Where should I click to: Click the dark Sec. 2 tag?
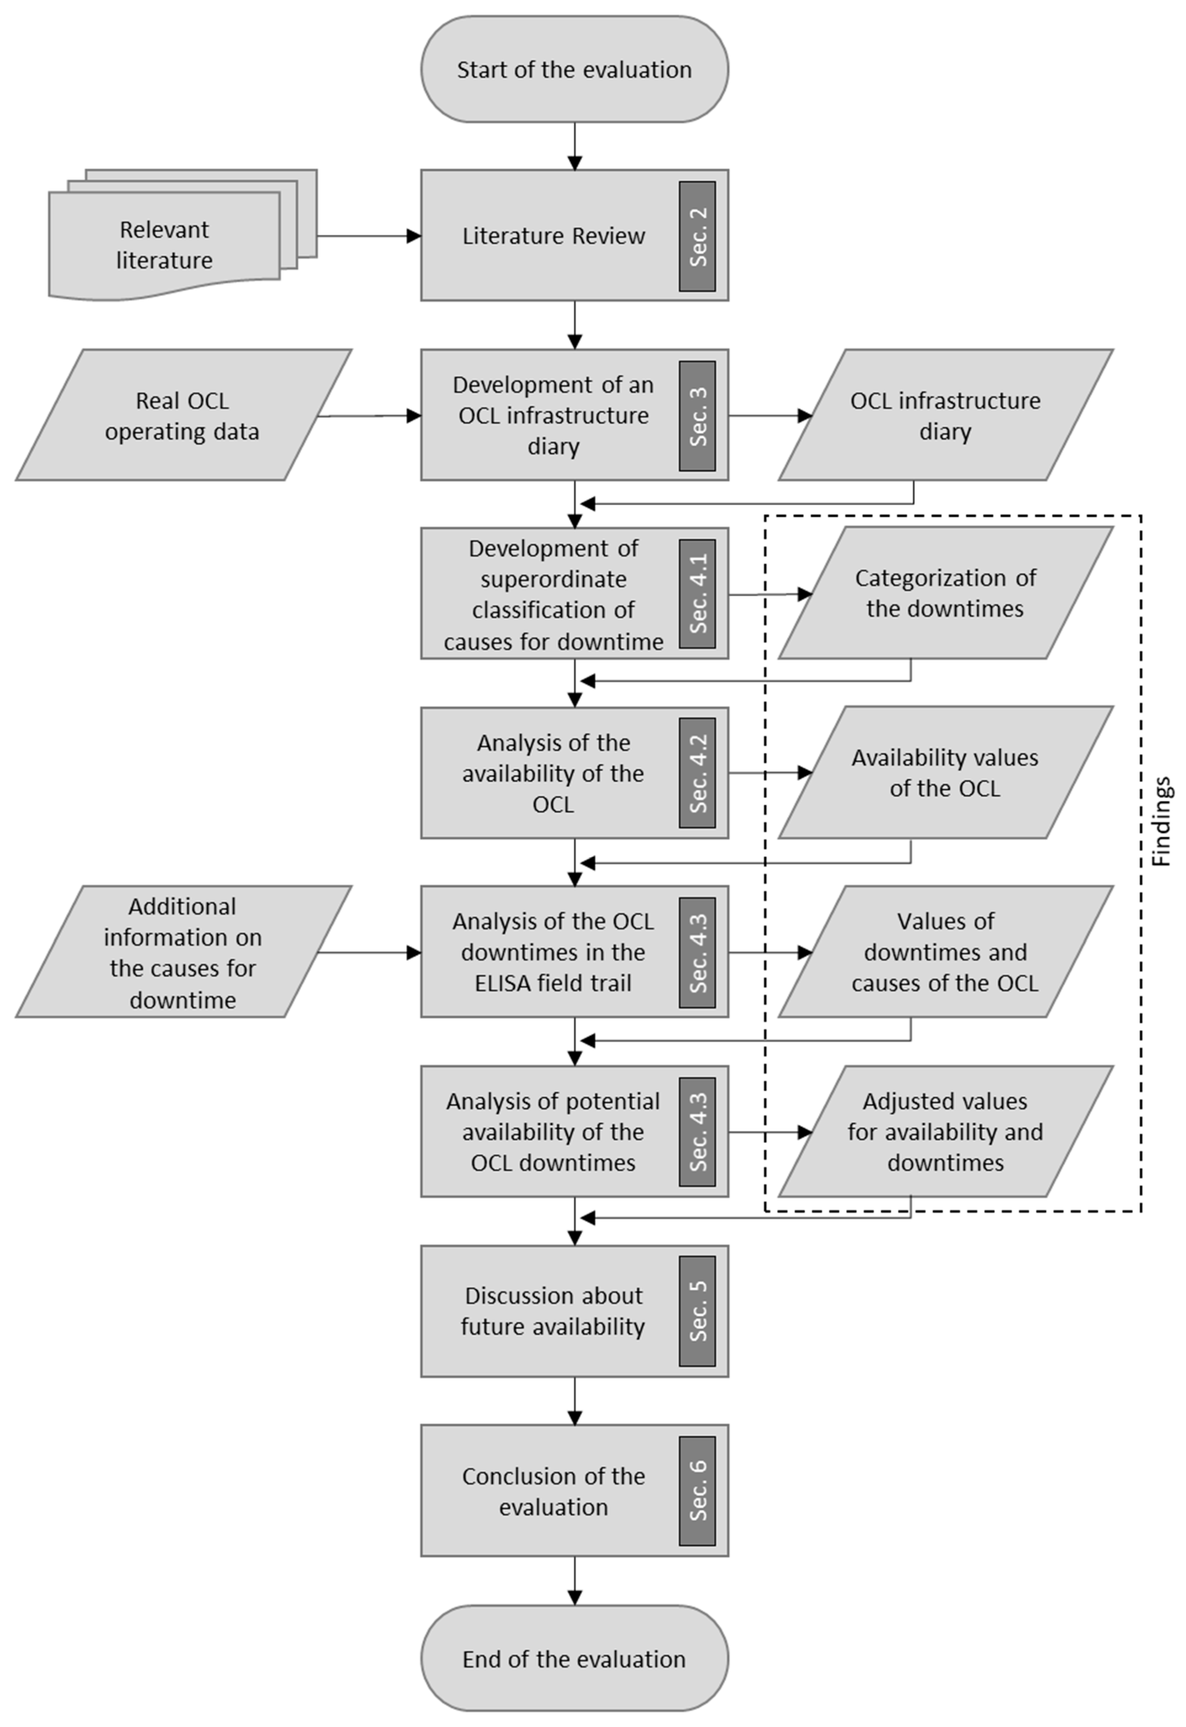click(697, 236)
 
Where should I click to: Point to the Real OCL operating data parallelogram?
click(183, 415)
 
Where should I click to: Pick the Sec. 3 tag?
click(697, 416)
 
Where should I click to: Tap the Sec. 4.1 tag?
click(697, 594)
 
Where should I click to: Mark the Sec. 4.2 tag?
click(697, 773)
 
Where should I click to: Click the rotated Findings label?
click(1162, 821)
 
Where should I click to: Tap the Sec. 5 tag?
click(697, 1311)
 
